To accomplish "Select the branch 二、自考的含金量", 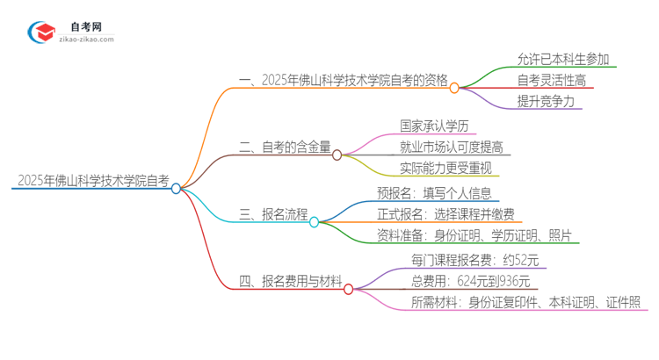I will pos(286,148).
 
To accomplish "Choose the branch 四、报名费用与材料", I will pos(291,282).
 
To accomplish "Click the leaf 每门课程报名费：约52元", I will pos(474,261).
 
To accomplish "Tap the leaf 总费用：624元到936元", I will pos(471,281).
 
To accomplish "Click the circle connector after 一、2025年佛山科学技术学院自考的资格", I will pos(454,87).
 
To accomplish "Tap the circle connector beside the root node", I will pos(176,188).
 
